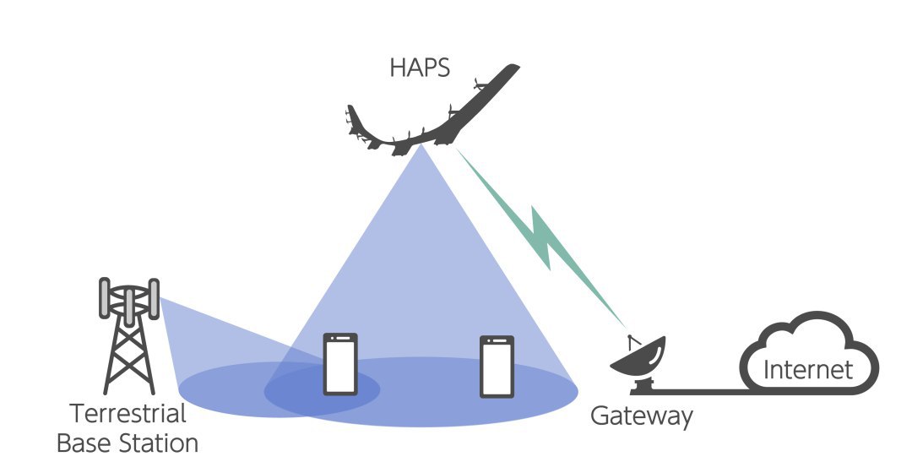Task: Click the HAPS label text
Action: (420, 68)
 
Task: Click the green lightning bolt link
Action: (541, 237)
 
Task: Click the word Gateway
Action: (642, 416)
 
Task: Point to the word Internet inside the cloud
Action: (808, 369)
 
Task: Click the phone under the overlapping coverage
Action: (340, 364)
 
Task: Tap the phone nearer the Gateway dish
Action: (497, 367)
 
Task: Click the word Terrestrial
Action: (128, 414)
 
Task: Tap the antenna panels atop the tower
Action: (129, 299)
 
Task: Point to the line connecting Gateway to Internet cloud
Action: (702, 392)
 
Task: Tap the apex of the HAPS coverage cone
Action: (421, 145)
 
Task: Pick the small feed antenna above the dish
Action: (633, 341)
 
